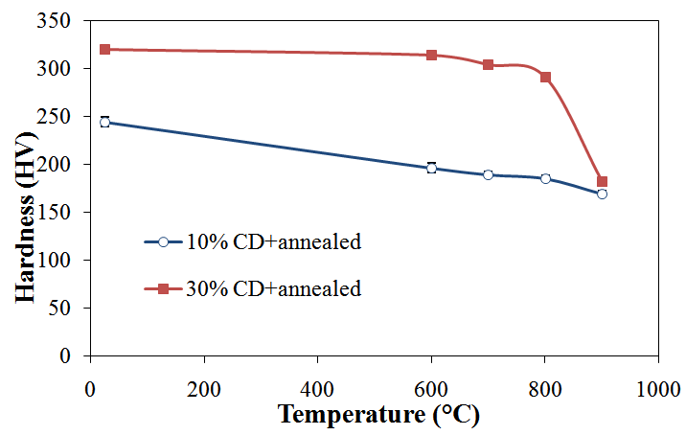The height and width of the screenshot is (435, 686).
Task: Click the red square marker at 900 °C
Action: (x=602, y=181)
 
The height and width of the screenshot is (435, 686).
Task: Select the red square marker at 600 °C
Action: (x=431, y=55)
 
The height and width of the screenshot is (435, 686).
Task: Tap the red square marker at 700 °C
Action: (x=488, y=64)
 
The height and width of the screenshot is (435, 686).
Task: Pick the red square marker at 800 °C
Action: (x=545, y=77)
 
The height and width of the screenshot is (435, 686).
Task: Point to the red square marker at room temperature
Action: (x=104, y=49)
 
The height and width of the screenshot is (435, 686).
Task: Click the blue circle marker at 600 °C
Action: (x=431, y=168)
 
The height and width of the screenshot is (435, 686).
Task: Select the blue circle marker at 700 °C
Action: (x=488, y=174)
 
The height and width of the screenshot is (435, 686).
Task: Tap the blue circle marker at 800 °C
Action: (x=545, y=178)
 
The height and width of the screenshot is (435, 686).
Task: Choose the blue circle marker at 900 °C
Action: (x=602, y=194)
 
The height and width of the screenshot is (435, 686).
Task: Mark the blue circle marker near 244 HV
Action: (x=104, y=122)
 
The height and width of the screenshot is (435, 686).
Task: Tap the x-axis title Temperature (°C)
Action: (x=377, y=416)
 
